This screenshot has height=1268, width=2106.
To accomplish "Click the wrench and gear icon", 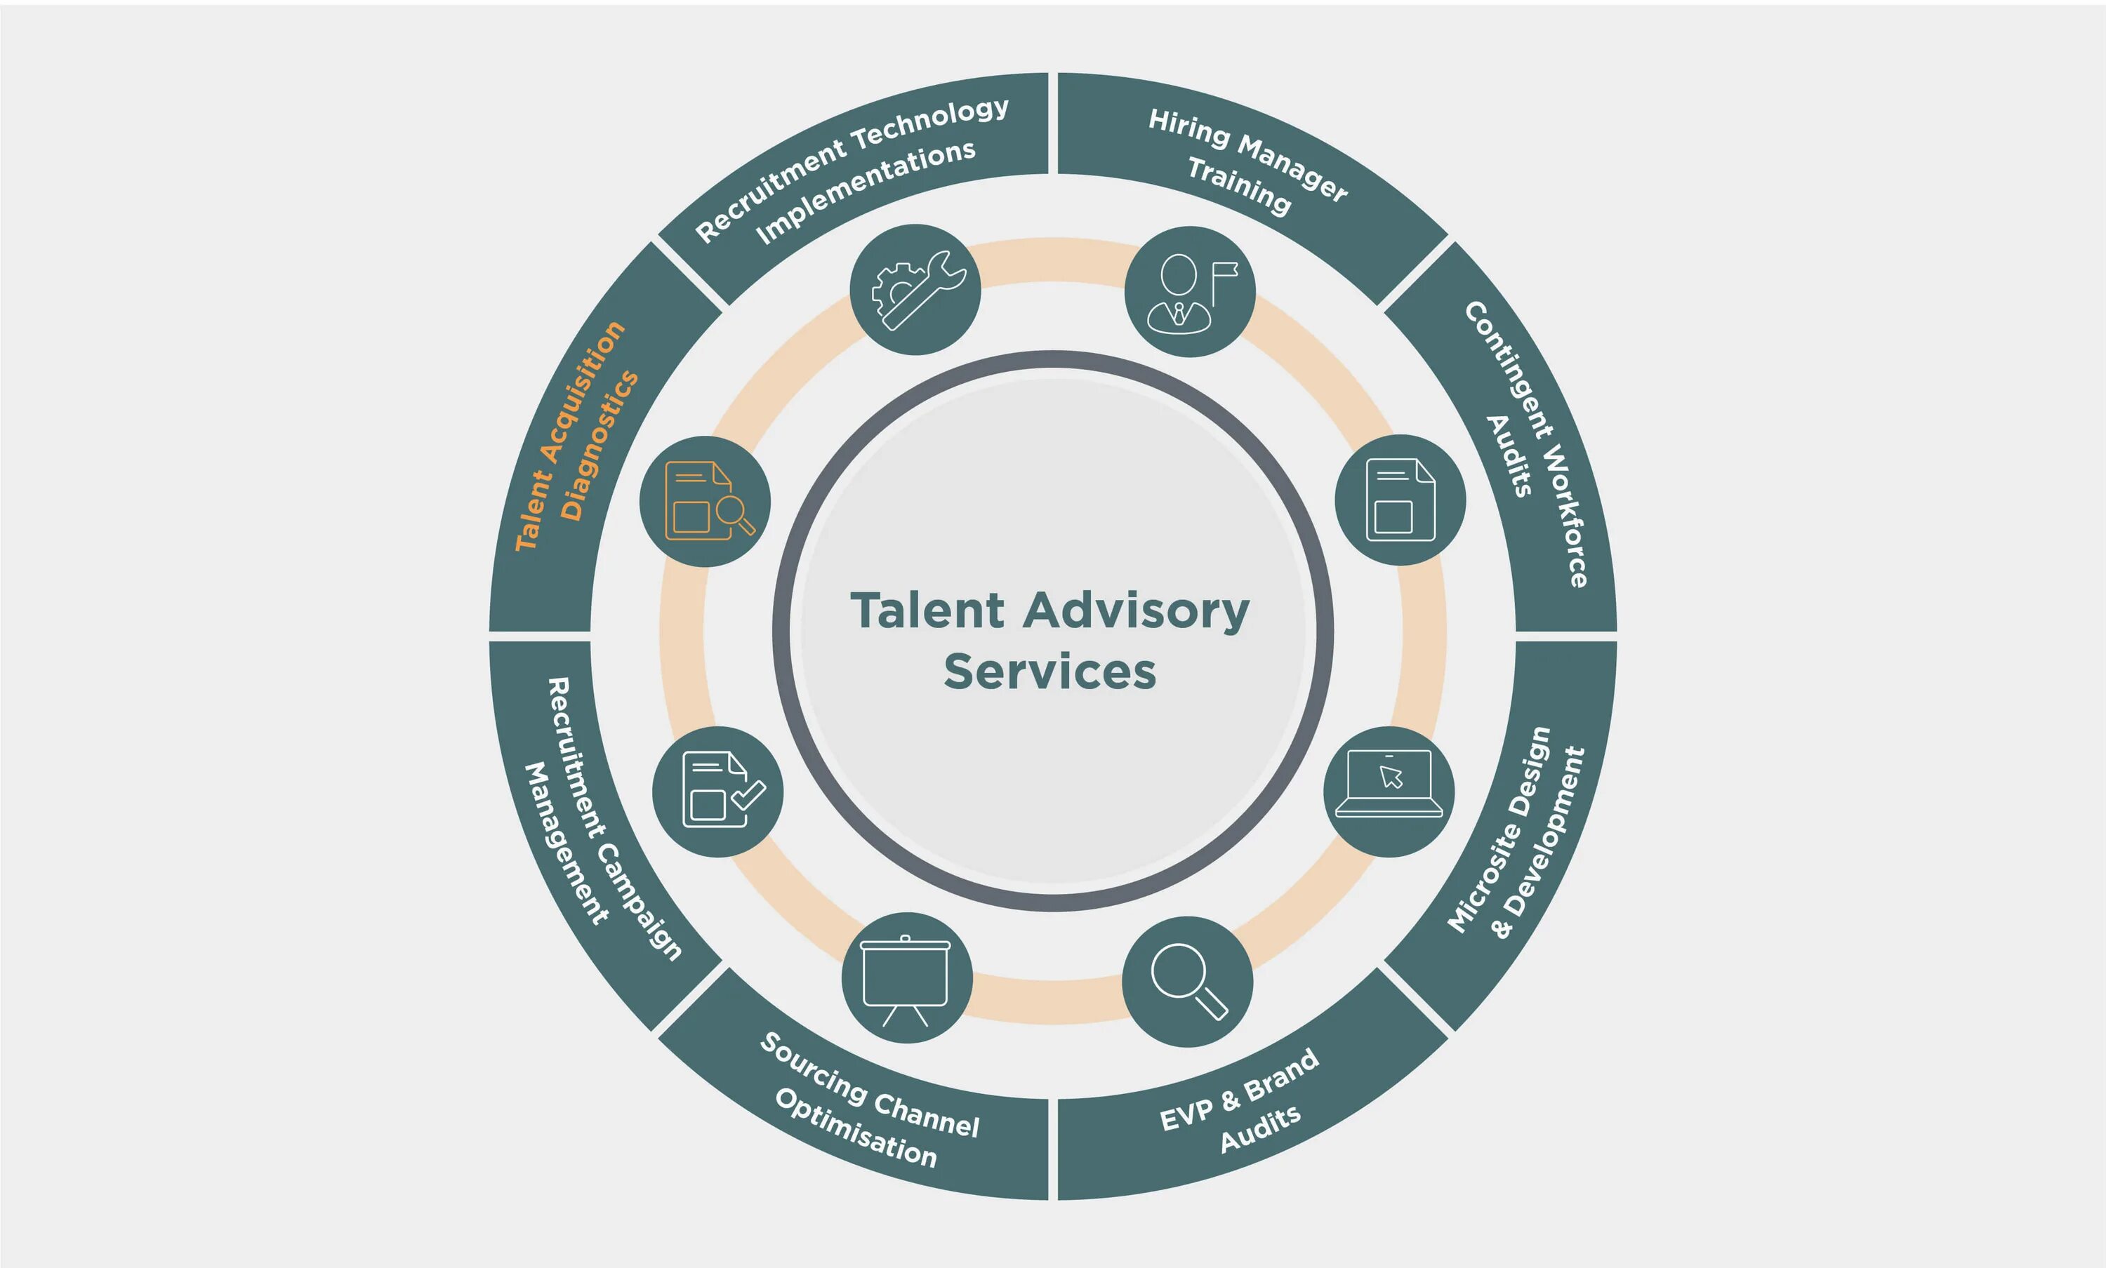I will click(x=915, y=290).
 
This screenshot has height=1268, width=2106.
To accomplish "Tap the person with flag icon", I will click(x=1190, y=291).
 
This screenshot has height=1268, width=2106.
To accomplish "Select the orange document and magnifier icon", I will click(x=705, y=502).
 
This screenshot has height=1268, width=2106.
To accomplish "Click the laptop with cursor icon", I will click(x=1389, y=792).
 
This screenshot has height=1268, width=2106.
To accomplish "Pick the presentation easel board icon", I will click(x=907, y=977).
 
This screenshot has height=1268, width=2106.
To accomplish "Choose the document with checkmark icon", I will click(x=718, y=792).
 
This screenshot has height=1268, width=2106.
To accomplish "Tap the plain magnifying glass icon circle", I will click(x=1188, y=982).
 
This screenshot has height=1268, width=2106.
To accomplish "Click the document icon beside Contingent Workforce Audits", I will click(x=1400, y=500).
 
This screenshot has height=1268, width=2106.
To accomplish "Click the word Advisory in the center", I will click(x=1137, y=612).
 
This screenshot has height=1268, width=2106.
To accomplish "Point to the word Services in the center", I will click(x=1050, y=672).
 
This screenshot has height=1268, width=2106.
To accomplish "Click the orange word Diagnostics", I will click(x=598, y=446).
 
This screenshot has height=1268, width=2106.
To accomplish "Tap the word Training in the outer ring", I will click(x=1238, y=186).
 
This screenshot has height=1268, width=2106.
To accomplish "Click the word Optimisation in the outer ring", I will click(x=856, y=1128).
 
